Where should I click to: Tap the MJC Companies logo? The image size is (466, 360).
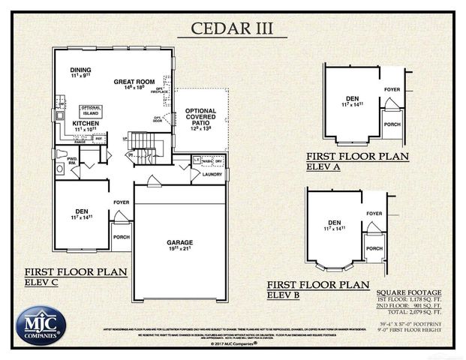click(x=41, y=325)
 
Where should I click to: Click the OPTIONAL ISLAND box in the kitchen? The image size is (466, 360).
click(x=90, y=109)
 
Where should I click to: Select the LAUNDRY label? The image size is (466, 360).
click(x=212, y=174)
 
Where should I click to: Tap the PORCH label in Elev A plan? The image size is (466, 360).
click(x=392, y=124)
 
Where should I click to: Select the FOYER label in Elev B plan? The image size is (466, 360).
click(x=374, y=213)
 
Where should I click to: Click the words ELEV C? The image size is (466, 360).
click(x=42, y=283)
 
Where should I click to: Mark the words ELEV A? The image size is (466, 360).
click(x=323, y=167)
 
